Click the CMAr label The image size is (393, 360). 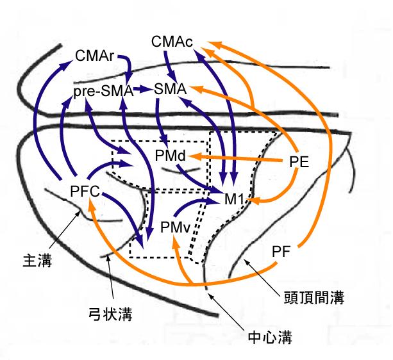(94, 56)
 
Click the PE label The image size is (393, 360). (299, 162)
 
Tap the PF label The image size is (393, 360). (282, 250)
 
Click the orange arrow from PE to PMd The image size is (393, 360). (237, 157)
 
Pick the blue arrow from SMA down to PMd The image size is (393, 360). (160, 122)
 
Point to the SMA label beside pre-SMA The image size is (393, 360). (170, 90)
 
